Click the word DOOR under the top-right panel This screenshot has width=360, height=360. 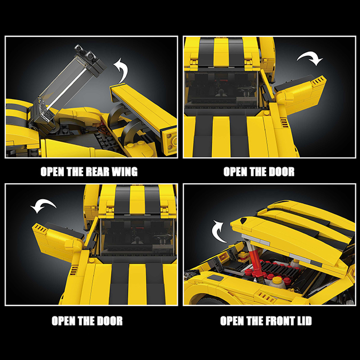(282, 172)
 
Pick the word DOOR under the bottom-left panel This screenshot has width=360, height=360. (110, 321)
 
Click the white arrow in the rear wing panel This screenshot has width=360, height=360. (121, 70)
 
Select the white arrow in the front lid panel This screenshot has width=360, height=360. (218, 231)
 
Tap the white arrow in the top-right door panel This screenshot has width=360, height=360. (310, 58)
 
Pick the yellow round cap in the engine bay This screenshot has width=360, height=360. (276, 280)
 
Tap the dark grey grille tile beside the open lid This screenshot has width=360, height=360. (215, 278)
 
